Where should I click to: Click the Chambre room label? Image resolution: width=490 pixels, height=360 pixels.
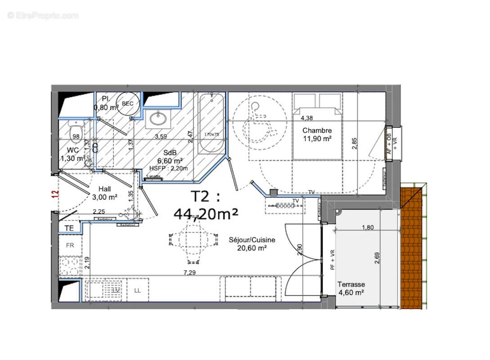coord(317,130)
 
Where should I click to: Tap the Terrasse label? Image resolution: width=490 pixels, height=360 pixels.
coord(351,284)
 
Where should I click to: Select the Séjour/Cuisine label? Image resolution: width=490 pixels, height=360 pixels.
coord(252,240)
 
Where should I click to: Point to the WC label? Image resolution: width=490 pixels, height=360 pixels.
coord(73,150)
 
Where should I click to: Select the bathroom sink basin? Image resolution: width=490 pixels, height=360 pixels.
coord(158,119)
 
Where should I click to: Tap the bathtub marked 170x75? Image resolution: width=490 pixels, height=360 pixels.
coord(210,122)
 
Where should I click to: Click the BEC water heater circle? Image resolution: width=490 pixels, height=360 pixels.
coord(127,103)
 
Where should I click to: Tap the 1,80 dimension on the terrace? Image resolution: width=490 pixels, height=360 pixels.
coord(368,227)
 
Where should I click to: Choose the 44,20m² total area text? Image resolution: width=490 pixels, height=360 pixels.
coord(206,214)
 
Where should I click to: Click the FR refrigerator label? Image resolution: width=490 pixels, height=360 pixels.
coord(70,245)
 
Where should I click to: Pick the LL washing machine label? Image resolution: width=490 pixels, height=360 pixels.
coord(137,290)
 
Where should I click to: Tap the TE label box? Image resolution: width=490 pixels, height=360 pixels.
coord(69,228)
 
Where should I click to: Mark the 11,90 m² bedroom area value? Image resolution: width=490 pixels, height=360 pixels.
coord(317,139)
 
